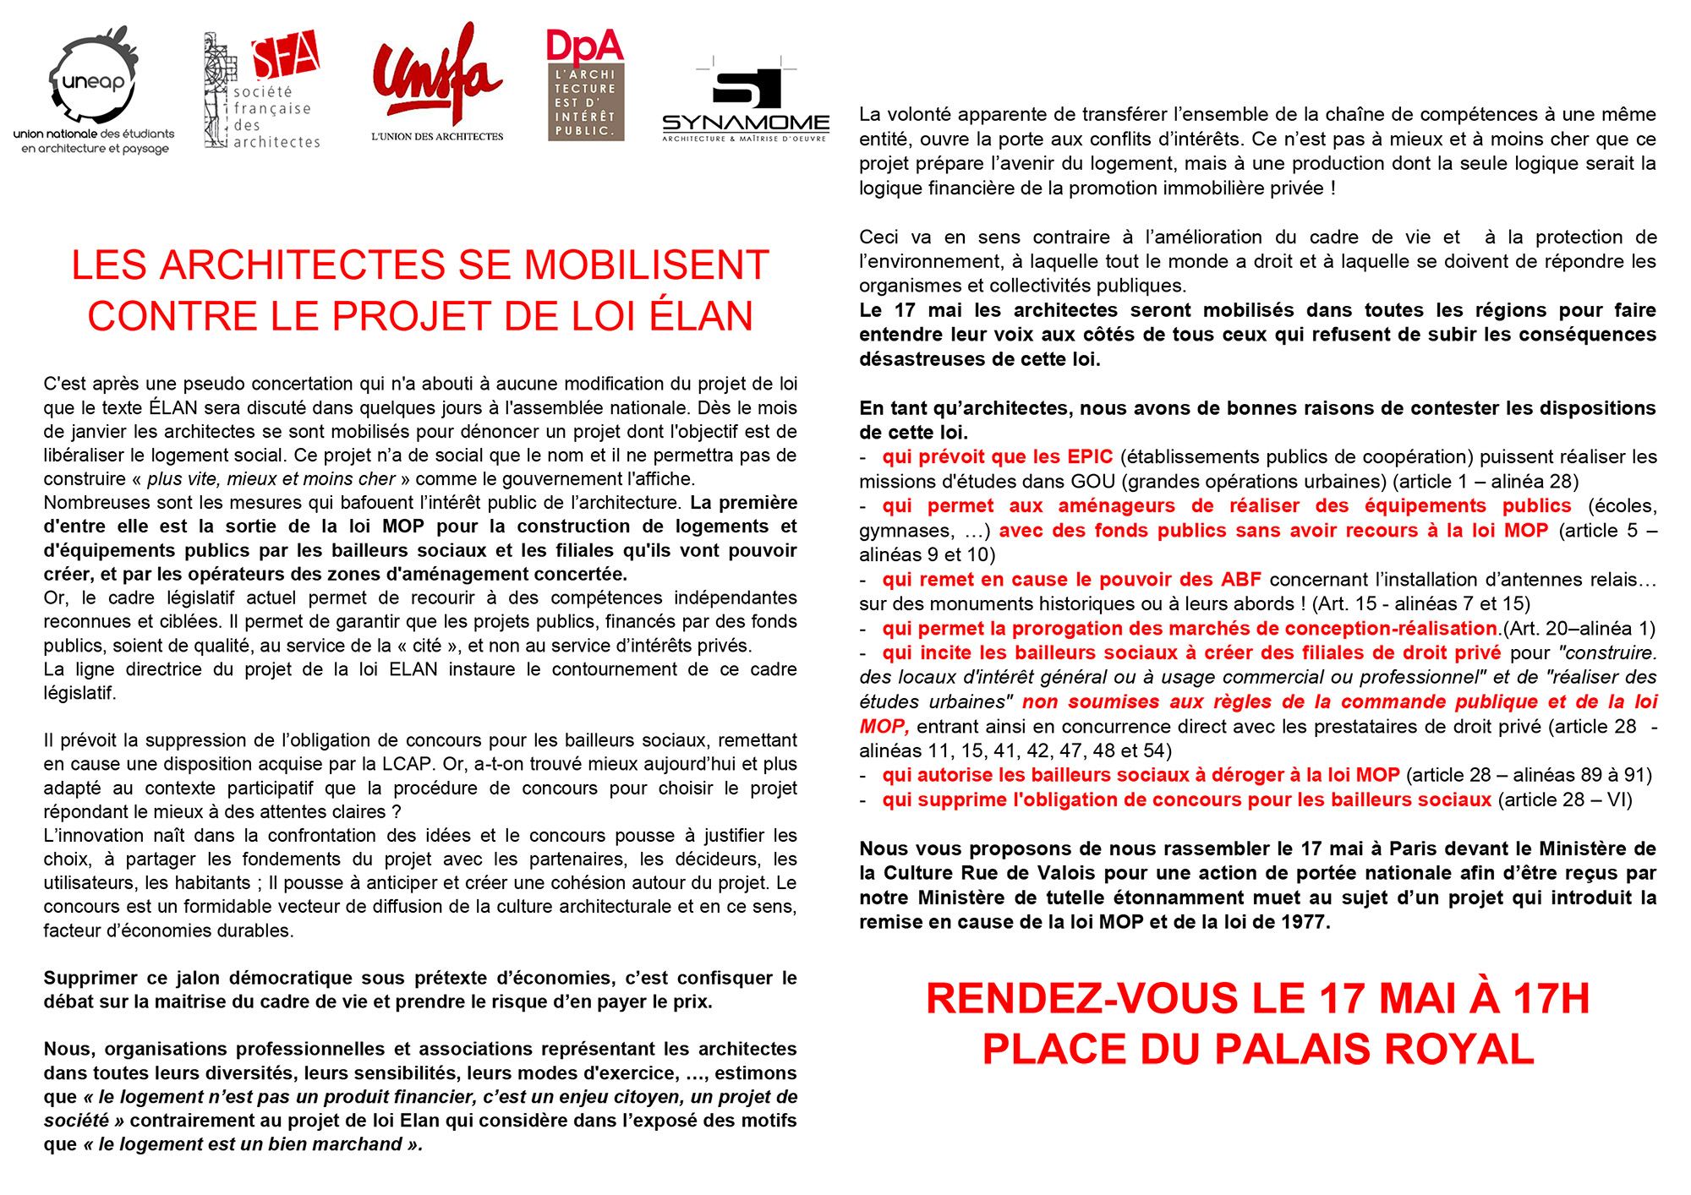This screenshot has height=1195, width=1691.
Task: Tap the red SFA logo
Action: (x=285, y=55)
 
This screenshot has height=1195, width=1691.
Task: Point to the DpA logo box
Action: (x=585, y=85)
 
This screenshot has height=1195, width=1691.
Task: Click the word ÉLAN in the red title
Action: (x=701, y=316)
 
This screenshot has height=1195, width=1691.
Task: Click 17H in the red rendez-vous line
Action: (x=1551, y=998)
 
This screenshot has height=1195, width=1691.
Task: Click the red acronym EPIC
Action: (x=1089, y=457)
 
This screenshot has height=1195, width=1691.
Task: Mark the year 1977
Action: (x=1303, y=922)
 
